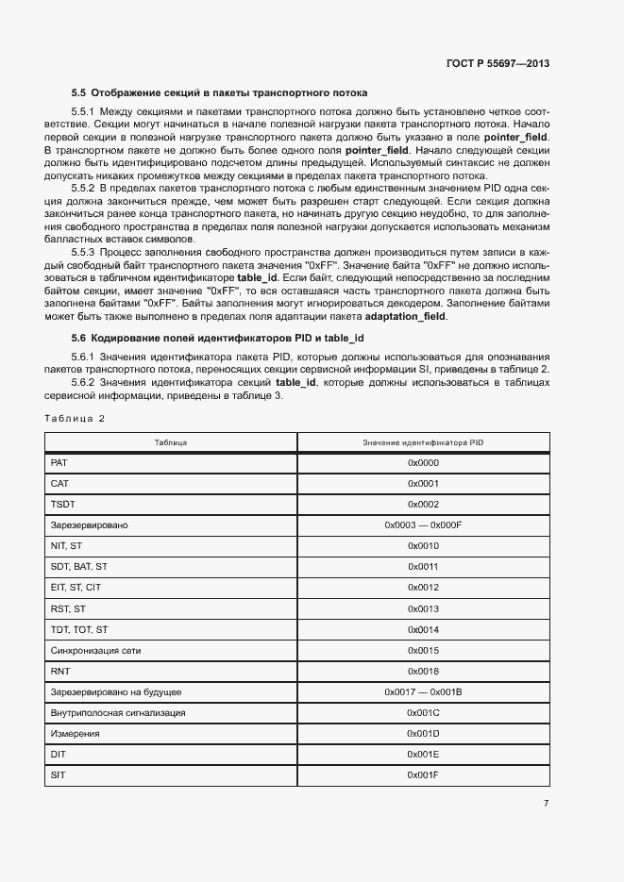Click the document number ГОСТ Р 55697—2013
[498, 63]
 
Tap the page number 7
[546, 804]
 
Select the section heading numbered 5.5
[219, 93]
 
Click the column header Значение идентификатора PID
[423, 442]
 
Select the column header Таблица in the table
[171, 442]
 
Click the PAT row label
[59, 463]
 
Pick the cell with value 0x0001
[423, 484]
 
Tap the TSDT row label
[61, 505]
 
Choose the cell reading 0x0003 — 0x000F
[423, 525]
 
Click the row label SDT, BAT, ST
[78, 567]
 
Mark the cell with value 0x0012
[423, 588]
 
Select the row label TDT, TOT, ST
[78, 629]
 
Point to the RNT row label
[59, 671]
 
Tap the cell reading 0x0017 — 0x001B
[423, 691]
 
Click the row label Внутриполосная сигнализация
[117, 712]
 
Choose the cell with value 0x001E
[423, 754]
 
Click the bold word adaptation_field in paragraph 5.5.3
[406, 317]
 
